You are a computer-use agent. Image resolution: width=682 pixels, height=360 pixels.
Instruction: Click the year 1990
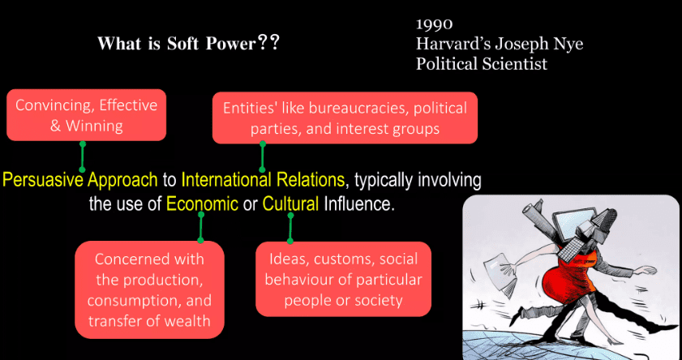434,24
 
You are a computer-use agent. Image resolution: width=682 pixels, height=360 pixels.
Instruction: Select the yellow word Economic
202,204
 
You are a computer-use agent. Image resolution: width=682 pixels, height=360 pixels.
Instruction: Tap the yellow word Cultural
290,204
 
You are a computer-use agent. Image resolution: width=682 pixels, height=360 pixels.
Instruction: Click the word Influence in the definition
358,204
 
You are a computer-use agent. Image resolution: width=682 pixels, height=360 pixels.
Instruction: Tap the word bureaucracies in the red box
358,108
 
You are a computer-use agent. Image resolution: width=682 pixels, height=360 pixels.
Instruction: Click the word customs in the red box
343,259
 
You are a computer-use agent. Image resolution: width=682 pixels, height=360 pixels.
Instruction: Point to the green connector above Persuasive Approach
82,156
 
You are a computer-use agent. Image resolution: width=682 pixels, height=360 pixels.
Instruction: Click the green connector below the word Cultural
290,228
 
